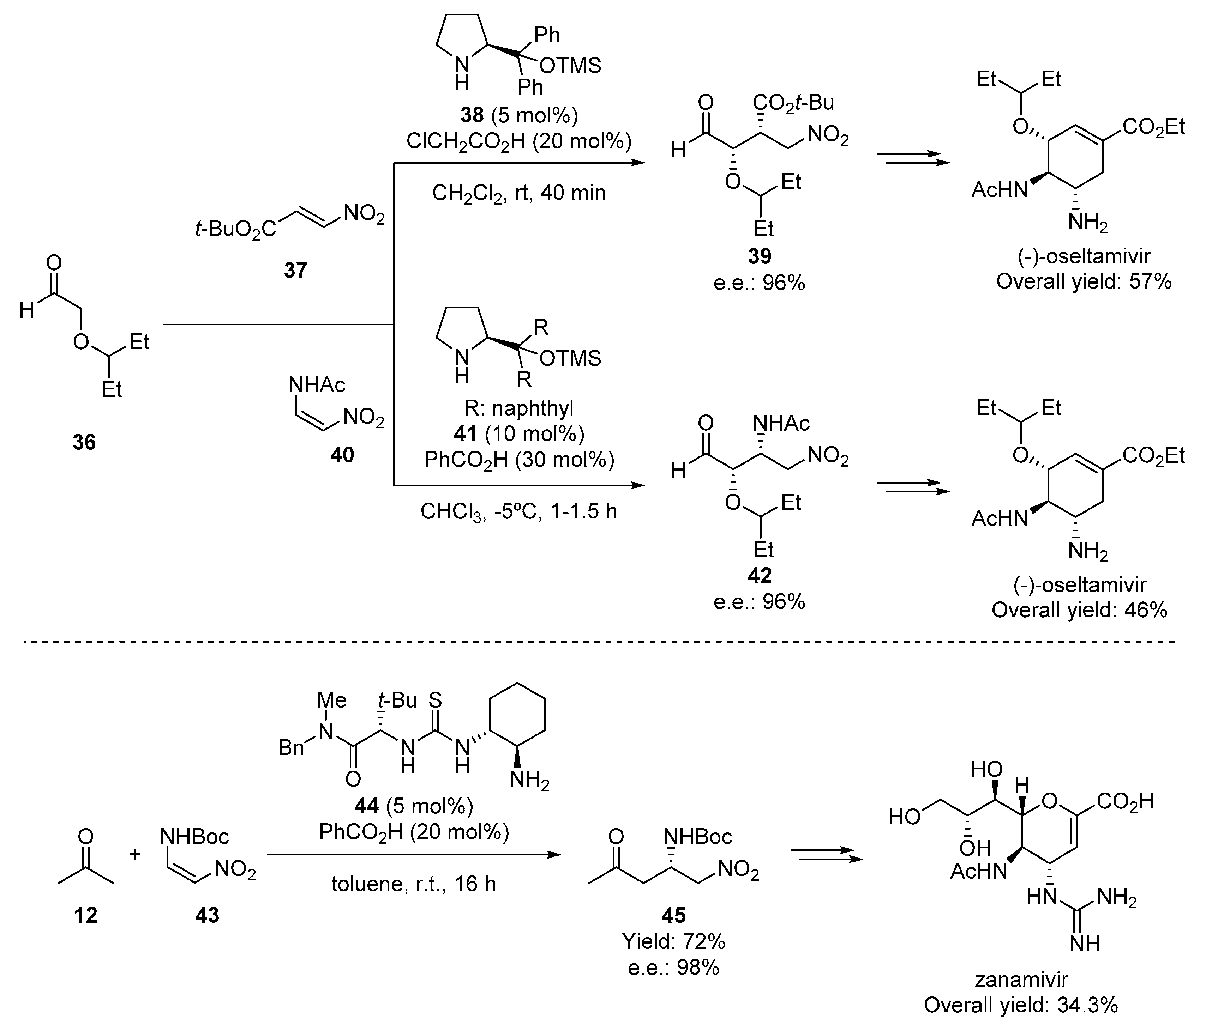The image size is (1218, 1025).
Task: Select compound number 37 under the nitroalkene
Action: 295,270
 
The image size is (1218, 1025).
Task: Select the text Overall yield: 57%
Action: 1083,282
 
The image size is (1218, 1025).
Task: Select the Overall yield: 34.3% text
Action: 1021,1005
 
